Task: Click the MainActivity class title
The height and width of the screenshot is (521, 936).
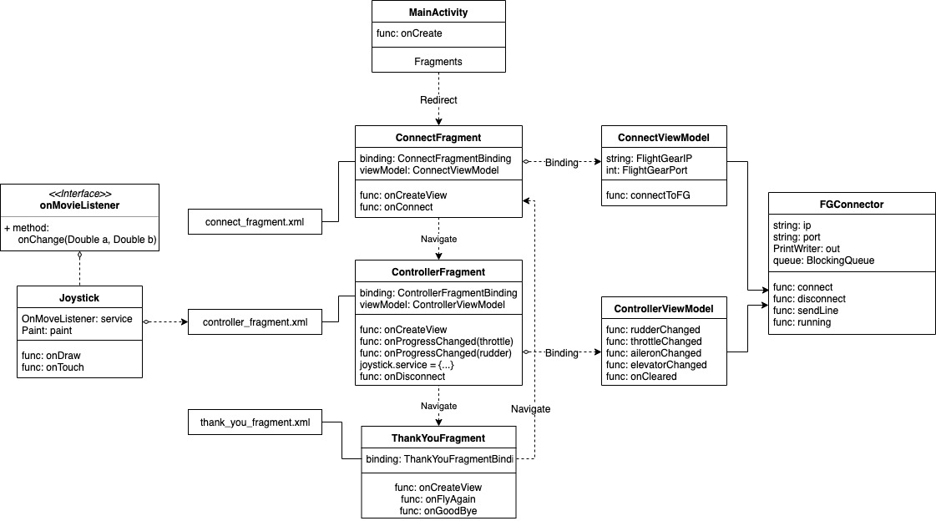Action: point(438,12)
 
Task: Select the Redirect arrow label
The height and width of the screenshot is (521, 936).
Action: point(438,99)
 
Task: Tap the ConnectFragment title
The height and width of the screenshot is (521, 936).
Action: point(438,137)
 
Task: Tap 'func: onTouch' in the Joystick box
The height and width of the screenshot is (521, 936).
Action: point(53,367)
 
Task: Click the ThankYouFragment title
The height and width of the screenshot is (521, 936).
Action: point(438,438)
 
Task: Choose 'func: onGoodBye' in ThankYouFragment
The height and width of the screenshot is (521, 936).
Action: point(438,510)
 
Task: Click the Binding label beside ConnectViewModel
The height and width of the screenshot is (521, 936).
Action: point(562,162)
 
